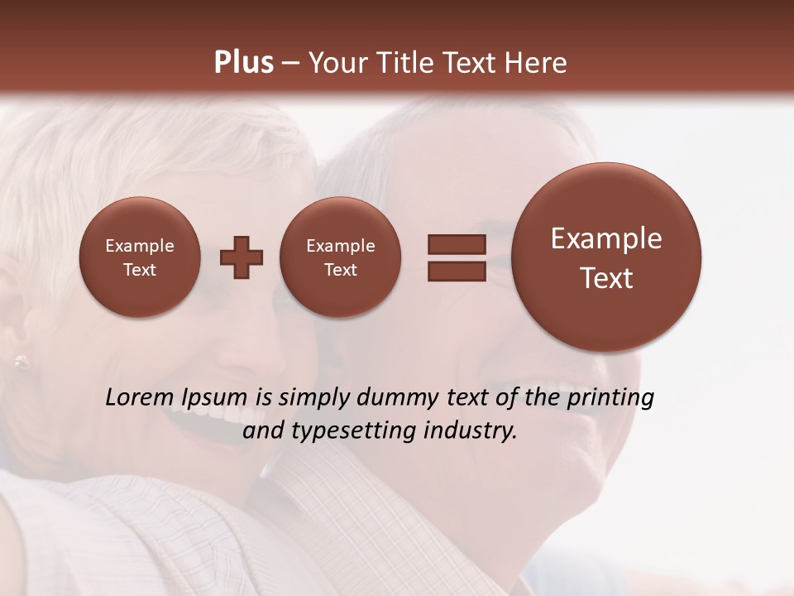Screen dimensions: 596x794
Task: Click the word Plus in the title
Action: (x=243, y=63)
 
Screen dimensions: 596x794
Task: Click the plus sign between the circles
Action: (x=242, y=257)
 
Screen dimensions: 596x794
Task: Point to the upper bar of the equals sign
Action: (x=457, y=244)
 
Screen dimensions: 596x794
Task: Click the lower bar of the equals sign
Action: (x=457, y=271)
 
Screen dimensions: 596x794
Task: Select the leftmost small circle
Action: (x=140, y=257)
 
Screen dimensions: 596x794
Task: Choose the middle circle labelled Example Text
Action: (x=340, y=257)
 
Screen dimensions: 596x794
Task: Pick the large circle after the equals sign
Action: (x=606, y=257)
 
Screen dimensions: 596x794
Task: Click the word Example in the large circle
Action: (x=606, y=238)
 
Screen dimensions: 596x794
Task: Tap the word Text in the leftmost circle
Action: (x=140, y=270)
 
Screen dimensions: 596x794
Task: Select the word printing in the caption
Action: (x=610, y=398)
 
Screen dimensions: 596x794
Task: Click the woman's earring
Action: (x=21, y=362)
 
